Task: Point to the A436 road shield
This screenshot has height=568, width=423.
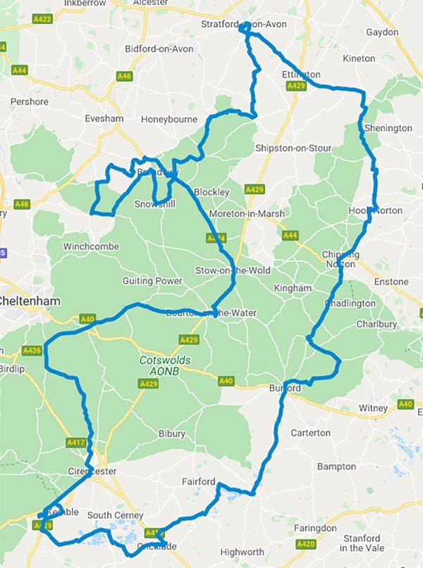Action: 32,350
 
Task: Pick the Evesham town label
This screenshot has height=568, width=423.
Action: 104,119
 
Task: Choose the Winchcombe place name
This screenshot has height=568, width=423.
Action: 91,246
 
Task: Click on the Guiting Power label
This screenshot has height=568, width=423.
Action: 152,281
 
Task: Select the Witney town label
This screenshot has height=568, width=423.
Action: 373,408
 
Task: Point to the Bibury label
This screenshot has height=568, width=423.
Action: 171,434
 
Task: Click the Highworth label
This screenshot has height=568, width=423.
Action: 241,552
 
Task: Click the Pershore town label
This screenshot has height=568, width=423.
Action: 30,101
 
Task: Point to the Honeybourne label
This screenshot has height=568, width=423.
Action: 169,119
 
